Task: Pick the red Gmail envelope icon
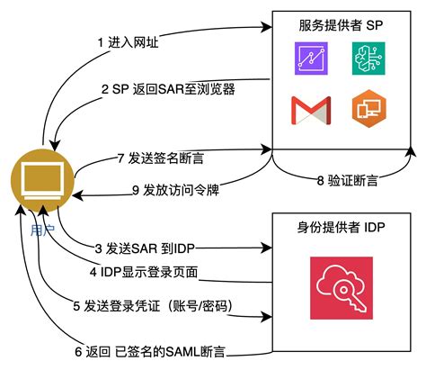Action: click(x=310, y=108)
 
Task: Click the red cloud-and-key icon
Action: click(x=340, y=286)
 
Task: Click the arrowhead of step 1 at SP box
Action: click(x=267, y=30)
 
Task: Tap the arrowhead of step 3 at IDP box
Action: click(x=267, y=247)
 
